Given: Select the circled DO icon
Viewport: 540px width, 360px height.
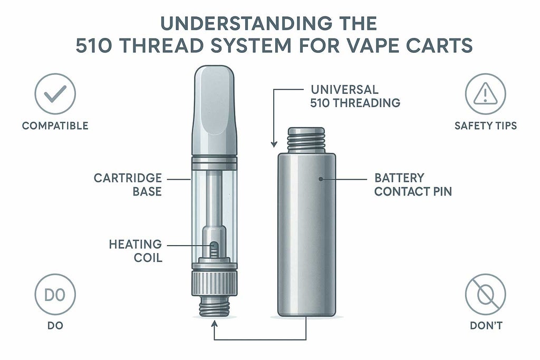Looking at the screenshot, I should tap(55, 295).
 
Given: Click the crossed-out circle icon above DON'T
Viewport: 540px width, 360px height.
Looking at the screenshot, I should tap(485, 295).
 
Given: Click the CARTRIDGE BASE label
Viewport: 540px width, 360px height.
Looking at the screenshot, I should tap(128, 184).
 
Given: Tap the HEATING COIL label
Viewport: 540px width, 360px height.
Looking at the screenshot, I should tap(135, 251).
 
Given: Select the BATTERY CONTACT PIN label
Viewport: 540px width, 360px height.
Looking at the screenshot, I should tap(413, 184).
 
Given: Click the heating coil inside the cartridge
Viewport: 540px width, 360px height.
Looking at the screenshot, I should tap(214, 249).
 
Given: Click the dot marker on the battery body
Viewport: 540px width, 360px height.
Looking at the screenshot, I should tap(321, 179).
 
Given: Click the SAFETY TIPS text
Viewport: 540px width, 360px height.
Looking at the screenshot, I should tap(485, 126).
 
